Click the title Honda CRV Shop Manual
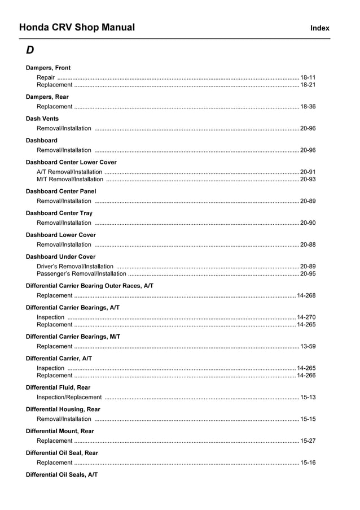77,27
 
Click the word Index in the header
319,28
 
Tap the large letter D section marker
30,50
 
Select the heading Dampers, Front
48,68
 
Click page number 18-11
308,77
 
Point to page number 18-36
308,106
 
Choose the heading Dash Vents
42,119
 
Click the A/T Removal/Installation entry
69,172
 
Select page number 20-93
308,179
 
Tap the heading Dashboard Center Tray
59,213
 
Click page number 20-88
308,245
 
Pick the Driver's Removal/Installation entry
74,266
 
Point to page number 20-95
308,273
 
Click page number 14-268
306,295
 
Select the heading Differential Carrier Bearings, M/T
73,337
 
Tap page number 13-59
308,346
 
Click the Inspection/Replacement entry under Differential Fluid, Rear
69,397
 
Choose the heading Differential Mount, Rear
60,431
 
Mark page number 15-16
308,463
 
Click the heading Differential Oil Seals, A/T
62,475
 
